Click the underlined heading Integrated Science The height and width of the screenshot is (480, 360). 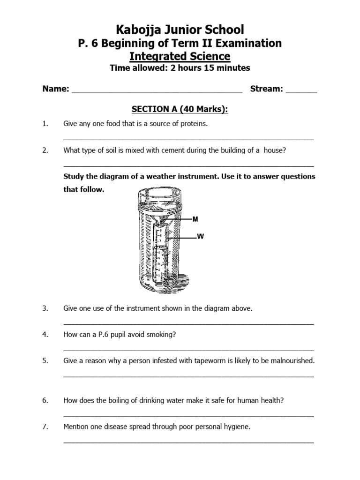pyautogui.click(x=180, y=57)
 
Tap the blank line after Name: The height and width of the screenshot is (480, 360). pyautogui.click(x=157, y=92)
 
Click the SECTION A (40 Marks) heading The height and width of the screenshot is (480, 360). pyautogui.click(x=180, y=109)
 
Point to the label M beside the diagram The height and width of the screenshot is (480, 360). pyautogui.click(x=195, y=219)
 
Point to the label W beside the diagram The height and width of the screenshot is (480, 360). pyautogui.click(x=201, y=237)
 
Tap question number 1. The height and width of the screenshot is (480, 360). pyautogui.click(x=45, y=124)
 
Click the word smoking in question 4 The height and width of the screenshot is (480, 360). pyautogui.click(x=163, y=334)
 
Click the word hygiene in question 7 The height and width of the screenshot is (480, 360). pyautogui.click(x=236, y=427)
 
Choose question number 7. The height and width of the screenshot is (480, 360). pyautogui.click(x=45, y=427)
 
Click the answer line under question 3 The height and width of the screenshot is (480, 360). pyautogui.click(x=188, y=323)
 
